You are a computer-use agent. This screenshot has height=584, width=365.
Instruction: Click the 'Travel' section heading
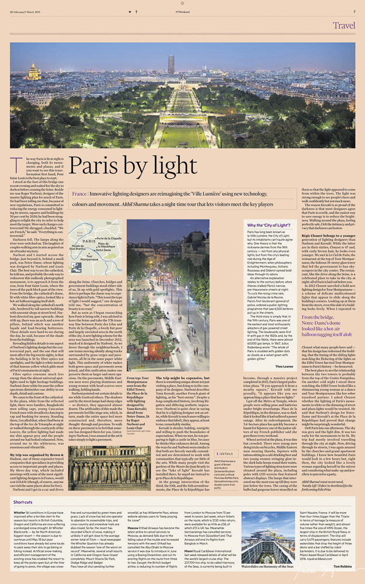point(344,25)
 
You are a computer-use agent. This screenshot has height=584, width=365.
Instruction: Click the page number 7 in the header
point(354,11)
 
